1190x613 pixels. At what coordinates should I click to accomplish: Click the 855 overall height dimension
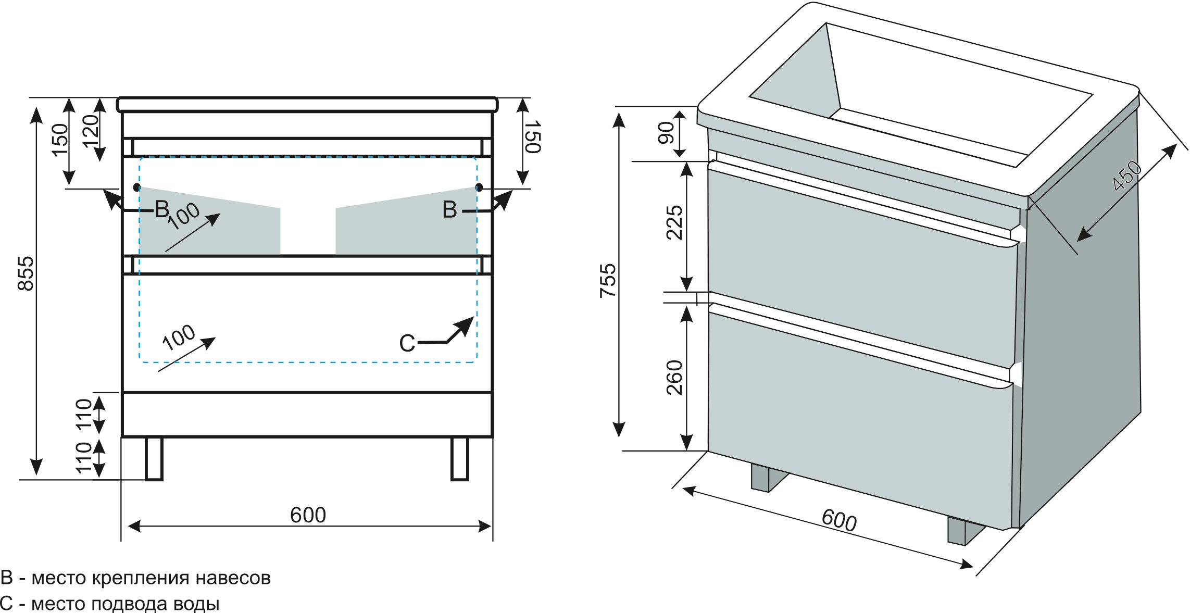click(26, 273)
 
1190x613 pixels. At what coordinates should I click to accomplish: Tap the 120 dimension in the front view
click(90, 131)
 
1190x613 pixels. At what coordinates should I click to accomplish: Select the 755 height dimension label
click(608, 280)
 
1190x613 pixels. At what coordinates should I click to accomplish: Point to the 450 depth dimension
click(1126, 176)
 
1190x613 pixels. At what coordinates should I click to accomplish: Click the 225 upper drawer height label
click(674, 222)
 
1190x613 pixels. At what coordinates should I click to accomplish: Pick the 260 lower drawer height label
click(674, 377)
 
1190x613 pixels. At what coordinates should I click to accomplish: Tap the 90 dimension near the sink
click(666, 132)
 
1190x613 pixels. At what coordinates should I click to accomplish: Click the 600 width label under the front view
click(308, 515)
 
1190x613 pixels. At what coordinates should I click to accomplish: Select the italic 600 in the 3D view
click(839, 520)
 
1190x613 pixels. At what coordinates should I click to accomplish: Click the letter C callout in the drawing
click(407, 343)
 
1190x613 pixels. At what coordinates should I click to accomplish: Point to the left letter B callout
click(162, 209)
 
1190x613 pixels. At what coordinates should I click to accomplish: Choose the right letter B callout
click(449, 210)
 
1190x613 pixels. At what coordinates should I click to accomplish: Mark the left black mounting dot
click(137, 186)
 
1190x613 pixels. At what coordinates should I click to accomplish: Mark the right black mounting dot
click(479, 187)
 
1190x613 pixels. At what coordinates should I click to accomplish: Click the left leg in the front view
click(154, 458)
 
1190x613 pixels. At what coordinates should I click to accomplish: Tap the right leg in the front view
click(459, 458)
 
